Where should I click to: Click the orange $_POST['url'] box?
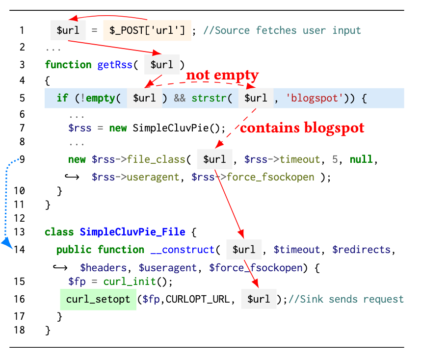coord(147,30)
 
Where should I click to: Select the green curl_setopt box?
coord(98,299)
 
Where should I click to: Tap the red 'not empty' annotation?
coord(222,75)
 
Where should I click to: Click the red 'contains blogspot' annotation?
coord(302,129)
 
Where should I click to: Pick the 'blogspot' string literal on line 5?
coord(314,98)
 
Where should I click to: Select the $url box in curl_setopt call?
coord(259,299)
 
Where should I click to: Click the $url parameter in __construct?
coord(244,250)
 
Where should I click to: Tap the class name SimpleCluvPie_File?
coord(132,232)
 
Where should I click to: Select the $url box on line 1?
coord(68,30)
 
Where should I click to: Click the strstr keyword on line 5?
coord(209,98)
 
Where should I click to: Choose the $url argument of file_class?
coord(214,159)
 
